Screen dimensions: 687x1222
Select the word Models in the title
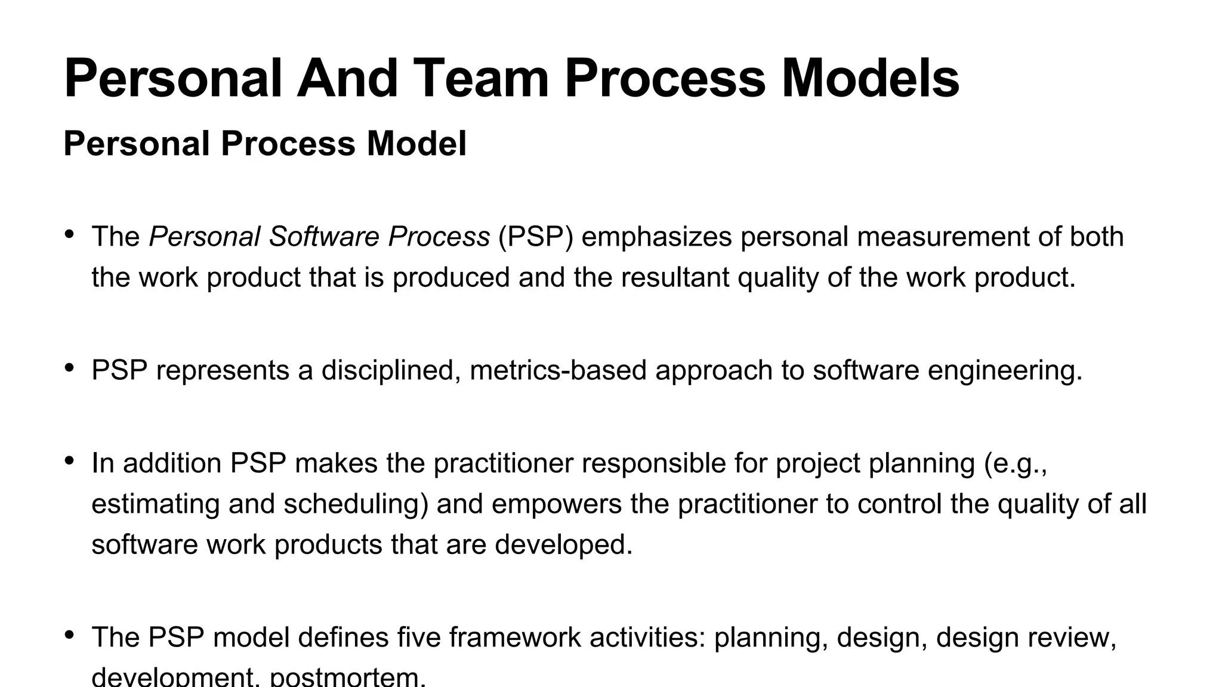(x=869, y=78)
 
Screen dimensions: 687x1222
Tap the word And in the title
(x=347, y=78)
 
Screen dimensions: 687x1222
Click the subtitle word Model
(x=416, y=144)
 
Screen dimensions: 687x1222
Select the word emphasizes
(x=656, y=237)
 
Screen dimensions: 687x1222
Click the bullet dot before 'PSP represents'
(x=69, y=368)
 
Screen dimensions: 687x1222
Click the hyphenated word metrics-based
(x=558, y=370)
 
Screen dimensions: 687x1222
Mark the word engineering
(x=1007, y=370)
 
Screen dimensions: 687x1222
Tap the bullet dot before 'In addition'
(x=69, y=460)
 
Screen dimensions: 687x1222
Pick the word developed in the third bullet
(x=563, y=544)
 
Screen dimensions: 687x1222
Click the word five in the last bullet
(x=418, y=638)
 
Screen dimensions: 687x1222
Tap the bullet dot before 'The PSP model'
(x=69, y=635)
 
